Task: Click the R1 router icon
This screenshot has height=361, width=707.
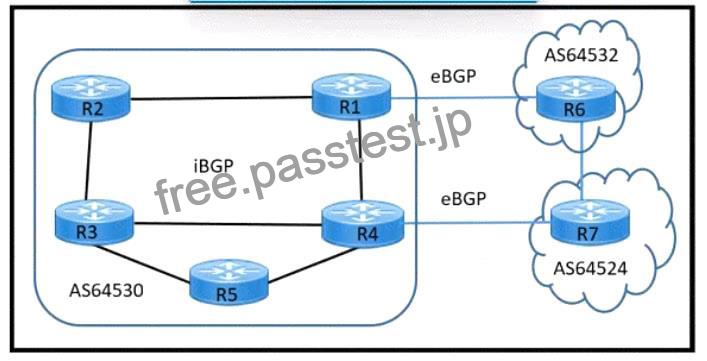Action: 351,97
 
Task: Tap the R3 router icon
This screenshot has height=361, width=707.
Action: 94,222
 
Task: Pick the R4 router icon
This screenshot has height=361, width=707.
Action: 363,224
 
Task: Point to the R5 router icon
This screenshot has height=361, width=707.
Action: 228,282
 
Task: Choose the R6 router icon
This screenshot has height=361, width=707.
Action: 576,99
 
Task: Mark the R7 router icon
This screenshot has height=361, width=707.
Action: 590,223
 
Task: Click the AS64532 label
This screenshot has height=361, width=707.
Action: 581,55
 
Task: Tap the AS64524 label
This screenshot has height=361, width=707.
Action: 590,269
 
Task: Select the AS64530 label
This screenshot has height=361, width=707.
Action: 106,290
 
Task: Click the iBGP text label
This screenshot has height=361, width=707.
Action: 213,167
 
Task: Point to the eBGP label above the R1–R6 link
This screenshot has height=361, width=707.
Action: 453,76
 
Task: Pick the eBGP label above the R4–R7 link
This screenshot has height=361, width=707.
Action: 464,198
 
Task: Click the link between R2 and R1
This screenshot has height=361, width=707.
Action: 221,98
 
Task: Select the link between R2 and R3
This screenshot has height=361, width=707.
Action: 88,160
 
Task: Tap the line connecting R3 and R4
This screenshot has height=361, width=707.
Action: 228,224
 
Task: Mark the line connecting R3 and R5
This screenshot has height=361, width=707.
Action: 142,264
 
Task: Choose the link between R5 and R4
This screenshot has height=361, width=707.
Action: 312,265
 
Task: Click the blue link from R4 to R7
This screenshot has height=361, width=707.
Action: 477,223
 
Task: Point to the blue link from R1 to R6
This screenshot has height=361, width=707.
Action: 464,97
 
